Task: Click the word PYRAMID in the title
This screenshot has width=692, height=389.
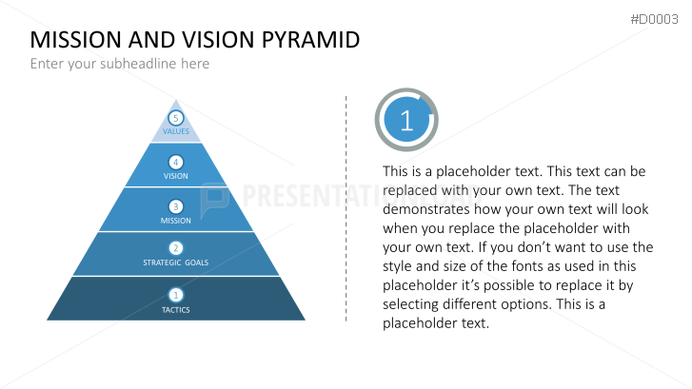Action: [x=307, y=40]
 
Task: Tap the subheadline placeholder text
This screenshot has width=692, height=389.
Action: [x=119, y=64]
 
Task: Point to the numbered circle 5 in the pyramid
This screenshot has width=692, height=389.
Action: [x=175, y=118]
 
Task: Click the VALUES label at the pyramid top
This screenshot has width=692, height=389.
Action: [x=176, y=131]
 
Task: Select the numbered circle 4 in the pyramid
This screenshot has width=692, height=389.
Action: [x=175, y=162]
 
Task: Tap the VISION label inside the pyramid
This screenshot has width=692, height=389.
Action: [x=176, y=176]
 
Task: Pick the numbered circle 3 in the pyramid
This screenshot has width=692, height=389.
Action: [x=175, y=206]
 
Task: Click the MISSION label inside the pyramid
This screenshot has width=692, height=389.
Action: [x=176, y=221]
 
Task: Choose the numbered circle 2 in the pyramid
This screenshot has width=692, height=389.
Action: [x=175, y=248]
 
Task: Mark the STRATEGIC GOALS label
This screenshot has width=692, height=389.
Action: [x=176, y=263]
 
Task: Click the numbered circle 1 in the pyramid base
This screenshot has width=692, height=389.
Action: [x=175, y=295]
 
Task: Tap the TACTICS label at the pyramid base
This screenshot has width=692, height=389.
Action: [x=176, y=310]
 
